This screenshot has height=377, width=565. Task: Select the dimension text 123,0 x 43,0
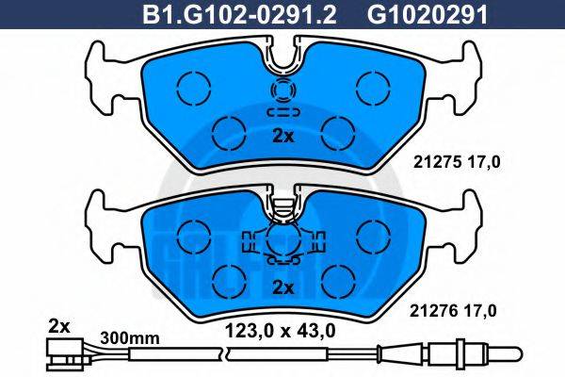(279, 329)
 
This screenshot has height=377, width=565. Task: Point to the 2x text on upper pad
(282, 136)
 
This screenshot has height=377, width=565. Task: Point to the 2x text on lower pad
(282, 286)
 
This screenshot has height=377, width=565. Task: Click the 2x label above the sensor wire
(58, 326)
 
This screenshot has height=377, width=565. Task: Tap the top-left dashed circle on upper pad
(195, 88)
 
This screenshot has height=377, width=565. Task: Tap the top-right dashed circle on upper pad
(370, 88)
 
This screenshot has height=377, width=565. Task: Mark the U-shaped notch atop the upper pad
(282, 58)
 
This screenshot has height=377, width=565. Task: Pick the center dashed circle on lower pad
(282, 238)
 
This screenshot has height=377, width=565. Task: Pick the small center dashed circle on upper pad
(282, 91)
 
